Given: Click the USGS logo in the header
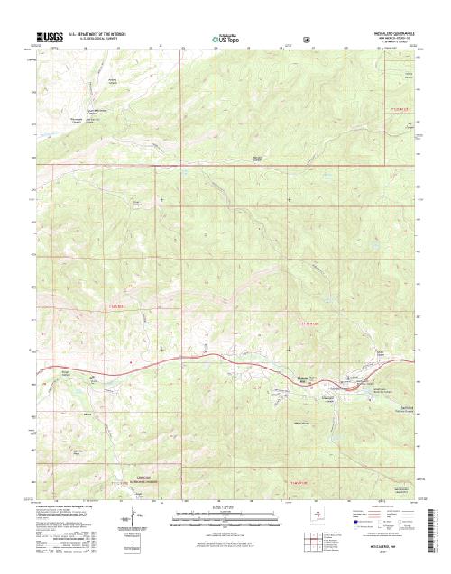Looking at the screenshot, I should coord(50,39).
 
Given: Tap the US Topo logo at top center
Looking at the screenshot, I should coord(225,40).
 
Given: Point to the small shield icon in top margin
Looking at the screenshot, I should coord(306,40).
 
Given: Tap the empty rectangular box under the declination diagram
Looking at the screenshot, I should coord(133,541).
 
